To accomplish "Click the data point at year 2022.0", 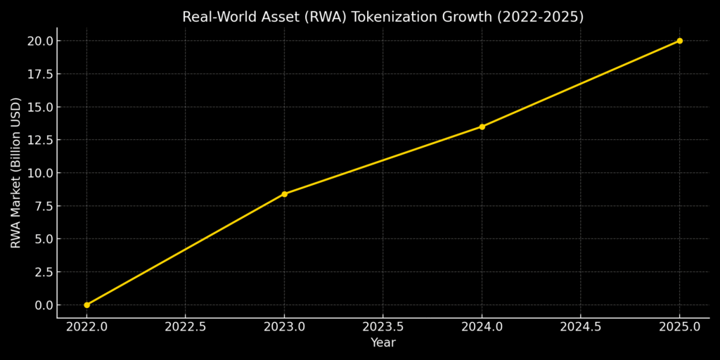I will click(86, 305).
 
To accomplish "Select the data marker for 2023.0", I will click(284, 194).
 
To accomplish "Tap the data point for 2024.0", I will click(482, 127).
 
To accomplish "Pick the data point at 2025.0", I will click(679, 41).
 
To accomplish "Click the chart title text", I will click(382, 17).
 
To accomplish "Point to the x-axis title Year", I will click(382, 343).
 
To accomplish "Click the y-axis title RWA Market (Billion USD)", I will click(16, 172).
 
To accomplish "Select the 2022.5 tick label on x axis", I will click(185, 327).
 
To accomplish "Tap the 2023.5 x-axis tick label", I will click(382, 327).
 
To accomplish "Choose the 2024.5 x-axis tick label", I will click(580, 327).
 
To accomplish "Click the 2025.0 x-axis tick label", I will click(679, 327).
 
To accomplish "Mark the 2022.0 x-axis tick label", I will click(86, 327).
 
